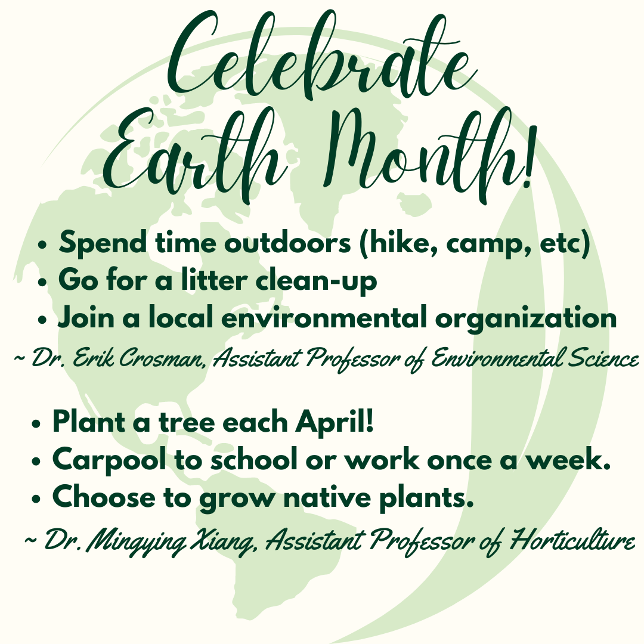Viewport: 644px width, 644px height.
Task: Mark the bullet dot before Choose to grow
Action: (x=37, y=499)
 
